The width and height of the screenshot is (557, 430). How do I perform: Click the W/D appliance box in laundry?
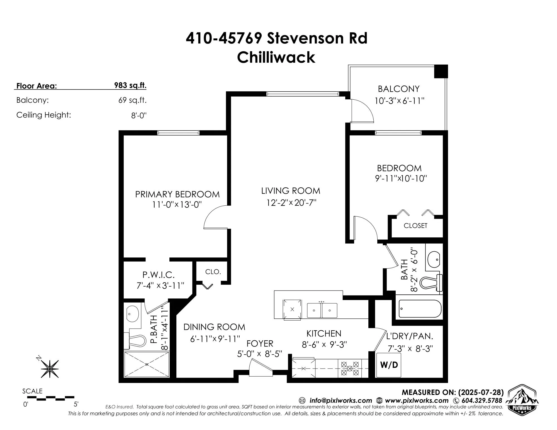pos(389,365)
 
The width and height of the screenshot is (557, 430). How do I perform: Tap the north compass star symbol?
pos(50,369)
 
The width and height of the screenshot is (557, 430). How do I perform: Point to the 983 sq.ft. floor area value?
pos(130,85)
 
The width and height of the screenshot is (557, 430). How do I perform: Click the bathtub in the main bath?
pos(420,309)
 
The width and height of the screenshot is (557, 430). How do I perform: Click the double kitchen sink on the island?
pos(322,310)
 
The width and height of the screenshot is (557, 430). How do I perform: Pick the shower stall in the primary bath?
pos(147,364)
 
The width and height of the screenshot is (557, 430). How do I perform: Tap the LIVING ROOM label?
pos(291,191)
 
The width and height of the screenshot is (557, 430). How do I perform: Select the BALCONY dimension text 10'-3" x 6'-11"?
pos(399,100)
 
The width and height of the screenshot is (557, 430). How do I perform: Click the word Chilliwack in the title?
pos(276,57)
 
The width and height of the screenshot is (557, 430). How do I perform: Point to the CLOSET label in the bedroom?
pos(415,226)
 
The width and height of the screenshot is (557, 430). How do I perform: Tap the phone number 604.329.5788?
pos(481,400)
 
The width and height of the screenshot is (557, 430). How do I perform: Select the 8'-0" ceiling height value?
pos(138,116)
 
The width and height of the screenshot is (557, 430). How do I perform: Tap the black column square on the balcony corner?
pos(441,71)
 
